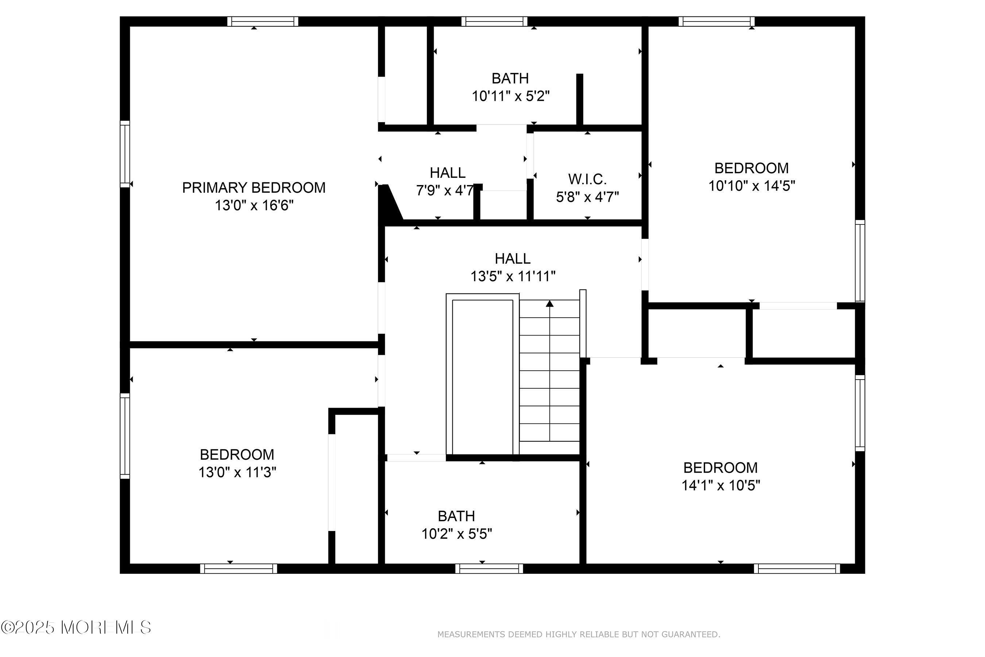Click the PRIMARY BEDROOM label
(x=254, y=188)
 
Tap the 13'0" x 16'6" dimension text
(x=254, y=205)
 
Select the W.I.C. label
(x=587, y=179)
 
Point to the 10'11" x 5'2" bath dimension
(x=510, y=96)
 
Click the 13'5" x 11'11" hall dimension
(x=513, y=277)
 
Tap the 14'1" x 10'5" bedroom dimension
(x=720, y=485)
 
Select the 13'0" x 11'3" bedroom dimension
(x=237, y=472)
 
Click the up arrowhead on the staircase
(x=549, y=303)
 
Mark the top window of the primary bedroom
(x=263, y=22)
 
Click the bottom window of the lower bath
(x=489, y=569)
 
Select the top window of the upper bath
(x=494, y=22)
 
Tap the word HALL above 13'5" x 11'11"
(x=513, y=258)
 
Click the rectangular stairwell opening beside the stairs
(x=482, y=376)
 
